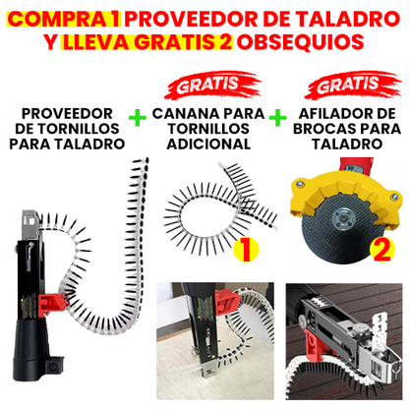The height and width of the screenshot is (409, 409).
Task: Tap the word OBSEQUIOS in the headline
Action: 301,42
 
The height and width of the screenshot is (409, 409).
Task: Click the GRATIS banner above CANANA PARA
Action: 213,85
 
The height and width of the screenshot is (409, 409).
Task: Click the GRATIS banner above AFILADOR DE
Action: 353,85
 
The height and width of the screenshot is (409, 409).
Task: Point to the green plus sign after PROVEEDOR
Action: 138,118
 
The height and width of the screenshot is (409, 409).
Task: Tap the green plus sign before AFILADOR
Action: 277,118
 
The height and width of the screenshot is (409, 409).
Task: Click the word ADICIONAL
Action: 208,144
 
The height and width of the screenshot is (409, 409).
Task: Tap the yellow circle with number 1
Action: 246,249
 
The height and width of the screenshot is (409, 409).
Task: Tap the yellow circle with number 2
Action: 382,249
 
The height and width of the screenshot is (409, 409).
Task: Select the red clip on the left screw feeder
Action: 51,305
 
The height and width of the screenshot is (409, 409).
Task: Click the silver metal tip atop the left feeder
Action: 30,225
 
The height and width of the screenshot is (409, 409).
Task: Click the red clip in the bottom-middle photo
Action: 226,302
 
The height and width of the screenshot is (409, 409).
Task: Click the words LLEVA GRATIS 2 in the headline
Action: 147,42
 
